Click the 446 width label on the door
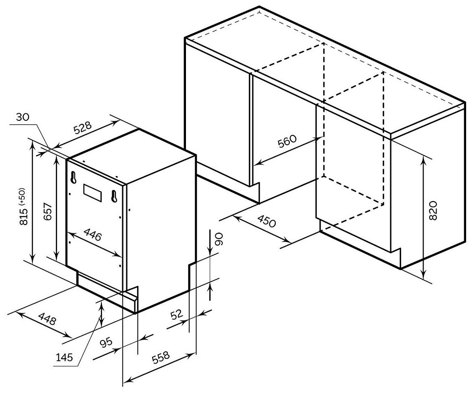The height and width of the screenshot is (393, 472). coord(93,236)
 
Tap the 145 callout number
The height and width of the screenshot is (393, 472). coord(65,357)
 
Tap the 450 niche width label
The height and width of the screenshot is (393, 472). coord(265,221)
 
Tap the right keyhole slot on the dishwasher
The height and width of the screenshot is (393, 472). coord(113,195)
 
